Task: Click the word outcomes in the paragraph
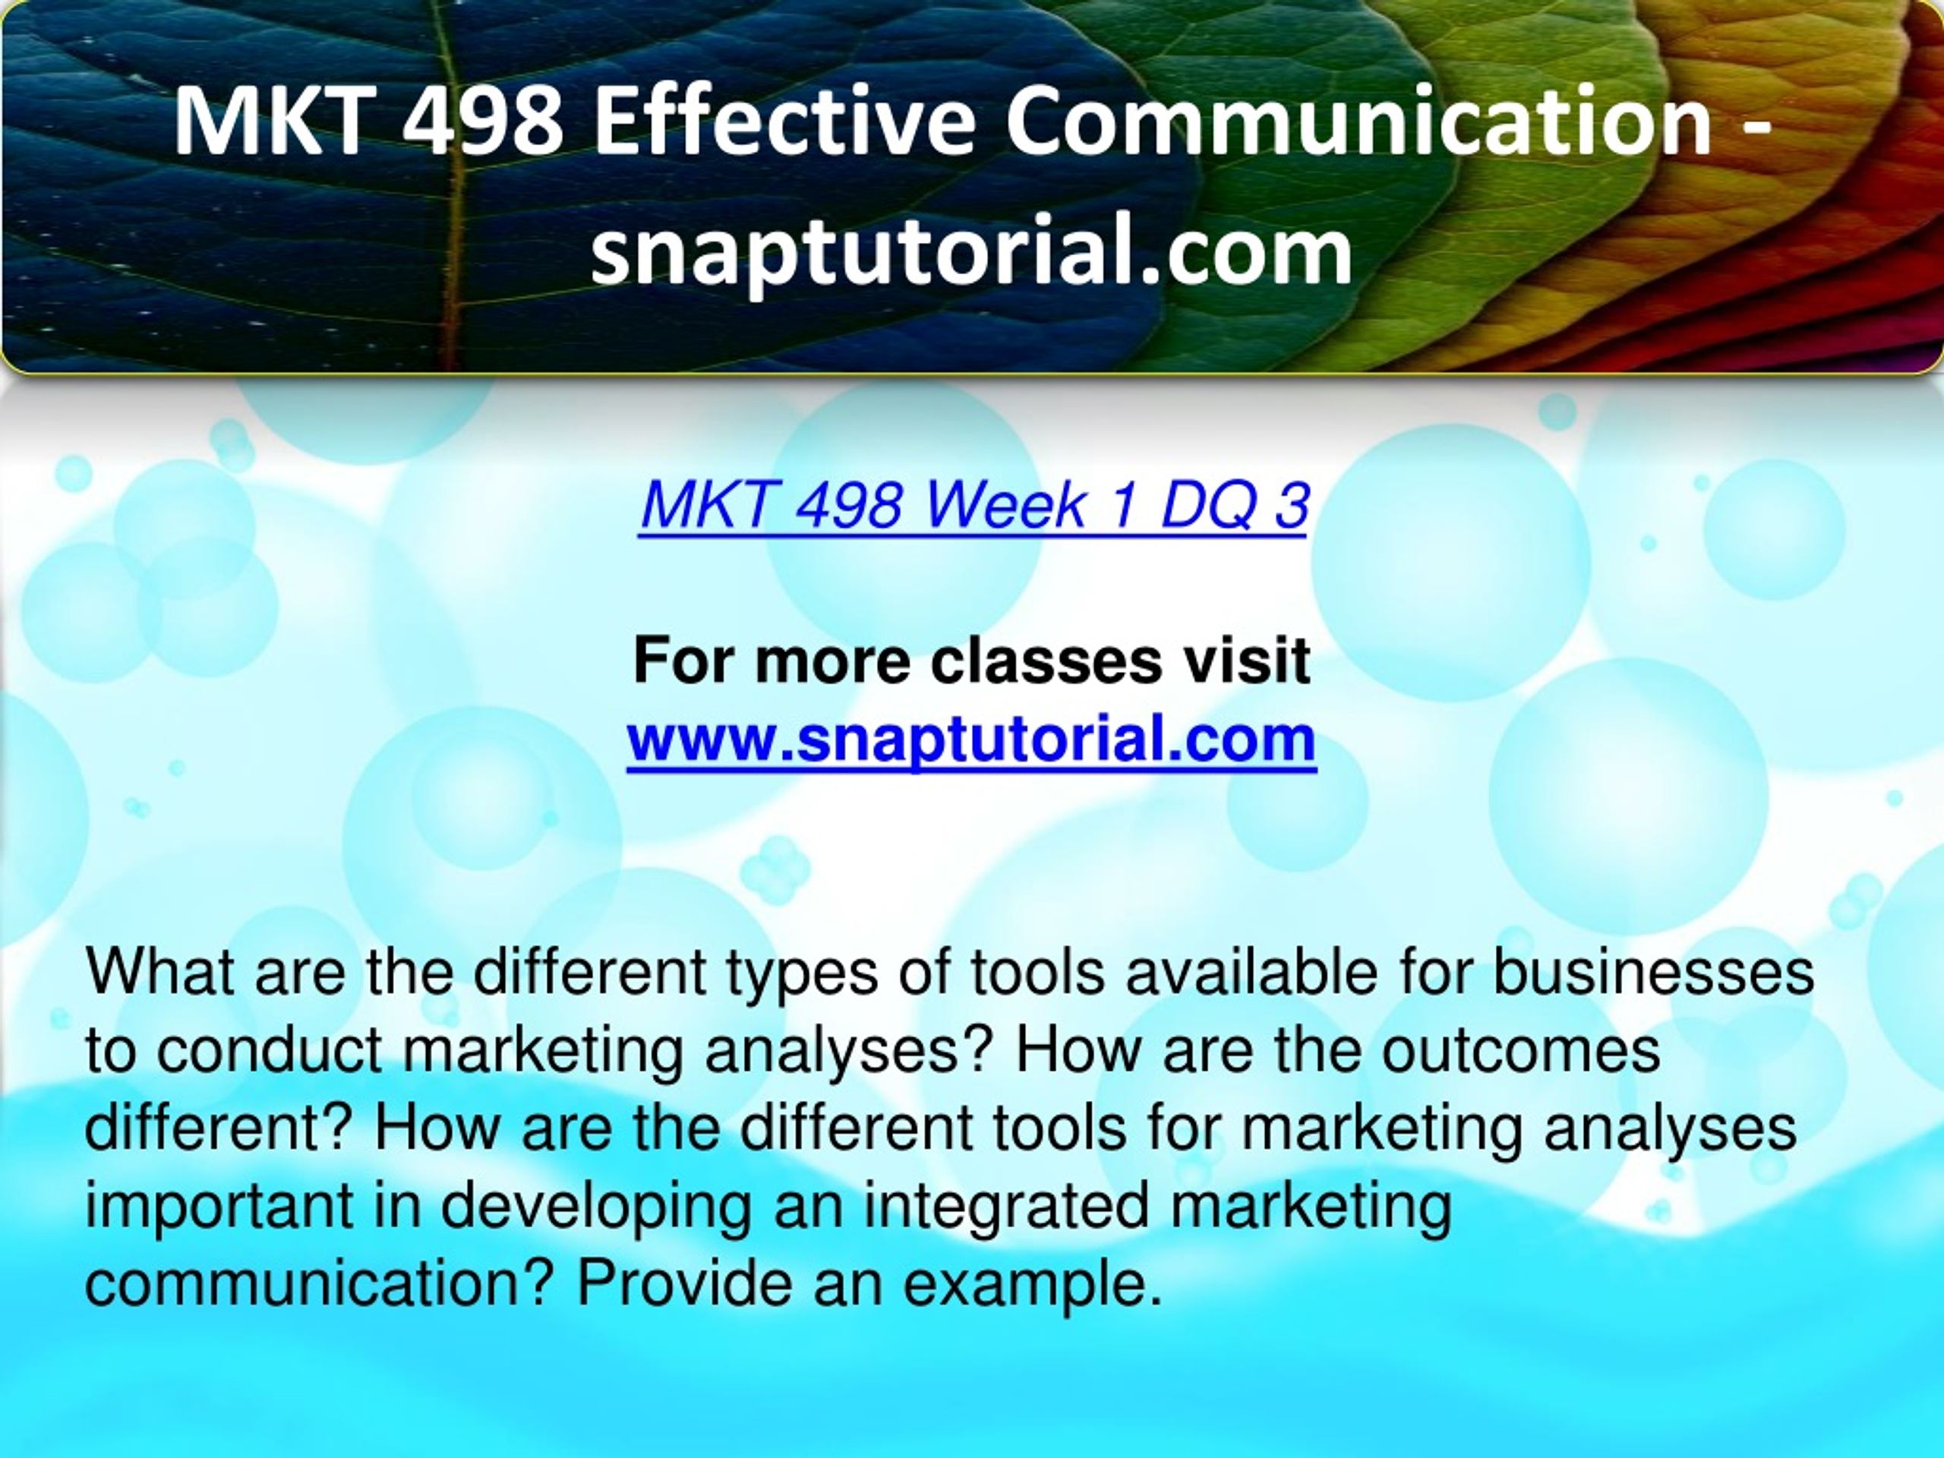point(1521,1050)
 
